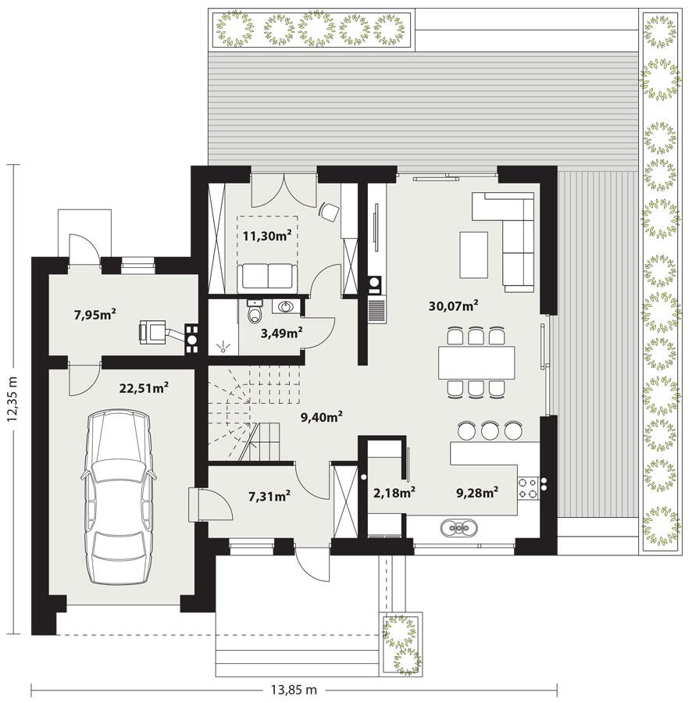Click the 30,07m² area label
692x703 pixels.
click(454, 306)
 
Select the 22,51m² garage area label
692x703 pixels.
click(144, 387)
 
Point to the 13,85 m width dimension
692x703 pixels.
click(294, 690)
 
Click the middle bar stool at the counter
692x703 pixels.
click(490, 430)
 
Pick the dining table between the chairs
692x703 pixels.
click(477, 362)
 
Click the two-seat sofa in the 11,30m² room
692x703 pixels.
click(267, 276)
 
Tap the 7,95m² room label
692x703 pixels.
click(95, 315)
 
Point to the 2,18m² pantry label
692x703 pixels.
click(394, 492)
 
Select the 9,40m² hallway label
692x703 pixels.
click(322, 417)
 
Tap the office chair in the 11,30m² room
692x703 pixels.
click(330, 209)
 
